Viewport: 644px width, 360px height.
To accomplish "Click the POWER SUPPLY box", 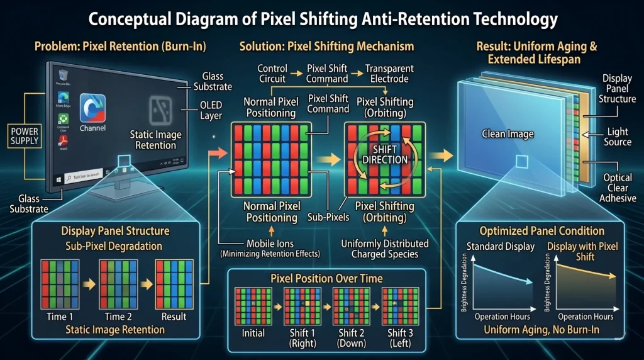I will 24,135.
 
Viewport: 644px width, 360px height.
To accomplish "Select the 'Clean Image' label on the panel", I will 508,133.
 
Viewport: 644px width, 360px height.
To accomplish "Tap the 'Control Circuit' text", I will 273,74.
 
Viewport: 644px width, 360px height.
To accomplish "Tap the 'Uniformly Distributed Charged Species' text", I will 385,249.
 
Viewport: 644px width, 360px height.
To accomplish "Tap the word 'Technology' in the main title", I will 502,20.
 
